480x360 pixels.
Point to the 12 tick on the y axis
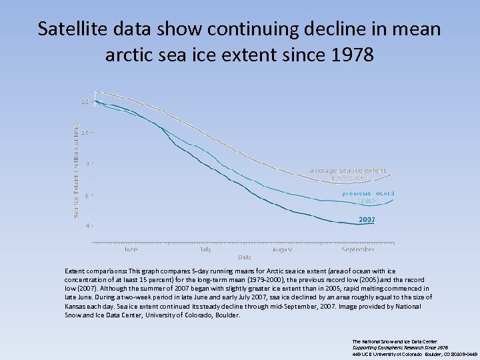85,101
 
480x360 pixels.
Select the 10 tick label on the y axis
85,132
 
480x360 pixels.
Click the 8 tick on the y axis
86,163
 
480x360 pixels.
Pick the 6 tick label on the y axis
86,195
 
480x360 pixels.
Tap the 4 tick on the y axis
86,225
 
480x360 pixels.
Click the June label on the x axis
131,249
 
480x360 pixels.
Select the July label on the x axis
205,249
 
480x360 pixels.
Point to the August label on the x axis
282,249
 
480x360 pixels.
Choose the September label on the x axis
358,249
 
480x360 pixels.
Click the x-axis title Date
245,257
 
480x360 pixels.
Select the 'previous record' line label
368,193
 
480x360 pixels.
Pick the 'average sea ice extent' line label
347,171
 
